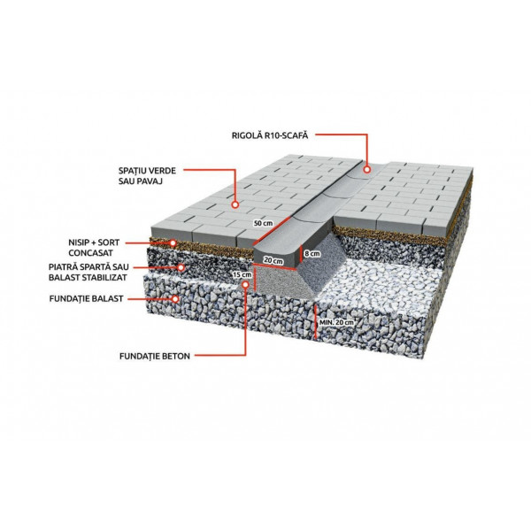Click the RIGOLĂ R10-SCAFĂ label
click(270, 135)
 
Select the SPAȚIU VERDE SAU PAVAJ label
click(147, 175)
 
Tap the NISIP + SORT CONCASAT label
click(94, 248)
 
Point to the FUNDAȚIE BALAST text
click(86, 299)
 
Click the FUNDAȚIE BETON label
click(155, 357)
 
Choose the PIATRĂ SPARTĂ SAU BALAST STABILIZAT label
click(88, 272)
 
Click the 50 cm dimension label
click(263, 224)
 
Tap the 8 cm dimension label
click(312, 254)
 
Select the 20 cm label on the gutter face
click(273, 261)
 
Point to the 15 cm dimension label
click(242, 274)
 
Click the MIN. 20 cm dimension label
click(336, 322)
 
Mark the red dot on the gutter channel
click(366, 169)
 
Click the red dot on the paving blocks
click(235, 204)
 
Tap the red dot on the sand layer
click(173, 242)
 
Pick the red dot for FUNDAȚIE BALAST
click(175, 299)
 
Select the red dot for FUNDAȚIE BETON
click(245, 284)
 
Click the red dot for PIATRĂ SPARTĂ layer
click(181, 267)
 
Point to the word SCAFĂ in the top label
click(296, 135)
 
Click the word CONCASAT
click(91, 253)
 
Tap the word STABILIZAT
click(107, 277)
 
